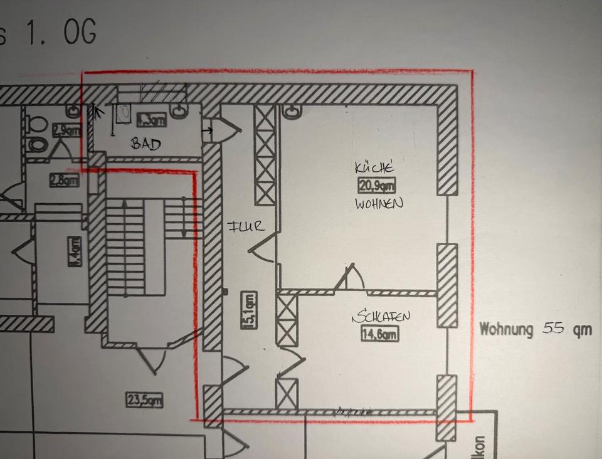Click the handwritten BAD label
click(145, 144)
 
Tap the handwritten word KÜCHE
click(374, 168)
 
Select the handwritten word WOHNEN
click(379, 204)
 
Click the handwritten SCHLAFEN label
click(381, 318)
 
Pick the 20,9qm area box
click(377, 186)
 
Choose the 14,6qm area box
click(379, 334)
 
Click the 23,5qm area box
click(144, 399)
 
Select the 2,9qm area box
click(66, 130)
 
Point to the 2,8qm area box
click(65, 181)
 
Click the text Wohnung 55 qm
click(534, 329)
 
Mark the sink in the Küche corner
click(292, 112)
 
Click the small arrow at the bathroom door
click(208, 130)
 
